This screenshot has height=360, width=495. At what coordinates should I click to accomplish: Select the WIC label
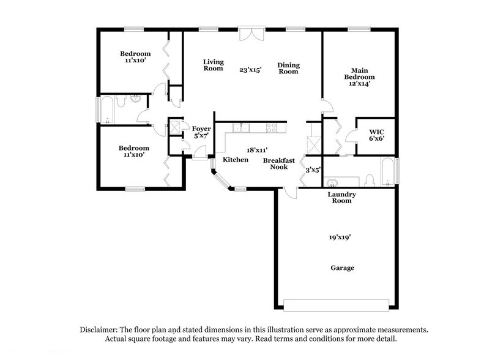point(376,132)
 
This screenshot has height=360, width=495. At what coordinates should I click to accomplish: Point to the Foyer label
point(201,129)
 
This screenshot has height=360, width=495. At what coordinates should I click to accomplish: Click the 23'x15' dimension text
point(250,70)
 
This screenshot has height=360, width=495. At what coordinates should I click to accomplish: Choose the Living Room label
point(213,66)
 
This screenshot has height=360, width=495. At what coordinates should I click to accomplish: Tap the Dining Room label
point(288,68)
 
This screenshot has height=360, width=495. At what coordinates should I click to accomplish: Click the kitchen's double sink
point(240,128)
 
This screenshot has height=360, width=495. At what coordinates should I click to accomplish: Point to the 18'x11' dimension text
point(256,149)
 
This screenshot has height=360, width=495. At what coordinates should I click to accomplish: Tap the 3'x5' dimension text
point(313,170)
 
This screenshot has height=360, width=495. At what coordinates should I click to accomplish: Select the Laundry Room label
point(341,197)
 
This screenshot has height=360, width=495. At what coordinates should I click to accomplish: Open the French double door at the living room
point(251,34)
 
